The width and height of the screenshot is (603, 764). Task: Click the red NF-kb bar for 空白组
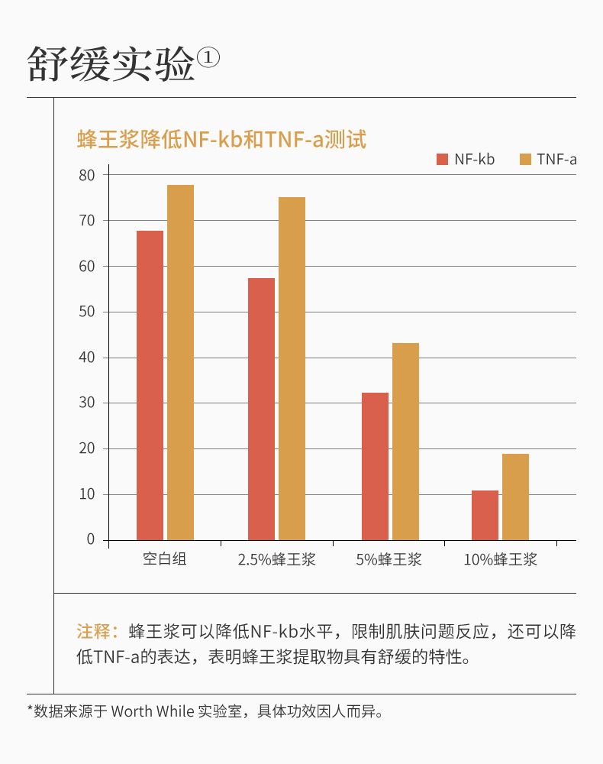tap(150, 385)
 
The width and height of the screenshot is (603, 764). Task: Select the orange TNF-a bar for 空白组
tap(180, 362)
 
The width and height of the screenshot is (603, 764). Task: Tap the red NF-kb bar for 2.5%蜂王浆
tap(261, 409)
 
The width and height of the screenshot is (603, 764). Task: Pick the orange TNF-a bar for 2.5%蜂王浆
tap(292, 368)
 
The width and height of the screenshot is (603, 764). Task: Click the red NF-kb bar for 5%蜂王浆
tap(375, 466)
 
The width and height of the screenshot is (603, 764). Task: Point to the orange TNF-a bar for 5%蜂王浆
tap(405, 441)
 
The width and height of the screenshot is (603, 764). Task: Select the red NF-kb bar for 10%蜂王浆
tap(485, 515)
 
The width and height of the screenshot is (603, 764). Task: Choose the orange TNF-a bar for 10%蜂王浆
tap(515, 497)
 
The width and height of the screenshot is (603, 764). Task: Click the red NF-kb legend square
tap(442, 159)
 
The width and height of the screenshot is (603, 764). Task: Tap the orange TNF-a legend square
tap(525, 159)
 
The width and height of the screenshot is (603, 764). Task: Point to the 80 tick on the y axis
tap(87, 175)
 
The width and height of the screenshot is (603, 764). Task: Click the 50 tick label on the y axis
tap(87, 312)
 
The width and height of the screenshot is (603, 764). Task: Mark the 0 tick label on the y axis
tap(91, 540)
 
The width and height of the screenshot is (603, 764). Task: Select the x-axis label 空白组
tap(165, 559)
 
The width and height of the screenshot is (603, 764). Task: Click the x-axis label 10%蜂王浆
tap(501, 559)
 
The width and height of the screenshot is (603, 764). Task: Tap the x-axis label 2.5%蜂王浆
tap(276, 559)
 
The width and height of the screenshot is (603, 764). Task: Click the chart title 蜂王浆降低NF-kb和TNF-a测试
tap(221, 140)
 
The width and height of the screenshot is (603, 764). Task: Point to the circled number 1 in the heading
tap(208, 58)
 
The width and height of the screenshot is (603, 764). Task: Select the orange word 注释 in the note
tap(97, 631)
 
